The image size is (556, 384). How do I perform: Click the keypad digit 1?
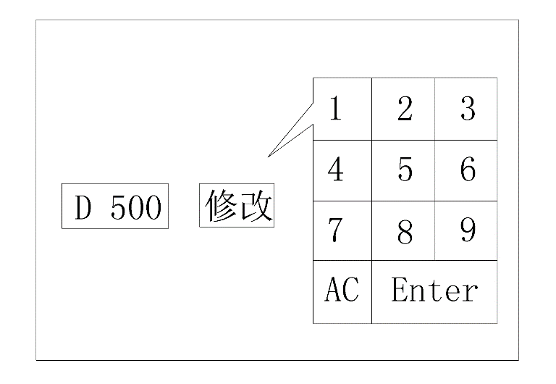335,109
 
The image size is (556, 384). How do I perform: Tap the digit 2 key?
405,109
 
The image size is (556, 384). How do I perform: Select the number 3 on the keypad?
468,109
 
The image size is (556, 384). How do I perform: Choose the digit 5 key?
405,170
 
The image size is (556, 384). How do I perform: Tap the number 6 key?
468,170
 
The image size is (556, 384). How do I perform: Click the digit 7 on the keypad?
335,230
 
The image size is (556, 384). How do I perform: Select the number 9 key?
468,230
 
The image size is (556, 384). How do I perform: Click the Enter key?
434,291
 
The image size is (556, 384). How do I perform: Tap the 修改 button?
237,206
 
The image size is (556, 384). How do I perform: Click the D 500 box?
116,207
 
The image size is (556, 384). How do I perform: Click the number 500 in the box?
135,209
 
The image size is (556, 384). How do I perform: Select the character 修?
222,206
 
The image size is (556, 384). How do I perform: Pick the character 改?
256,206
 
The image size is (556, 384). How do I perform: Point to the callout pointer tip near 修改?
269,156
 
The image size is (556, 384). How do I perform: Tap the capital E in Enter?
399,291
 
